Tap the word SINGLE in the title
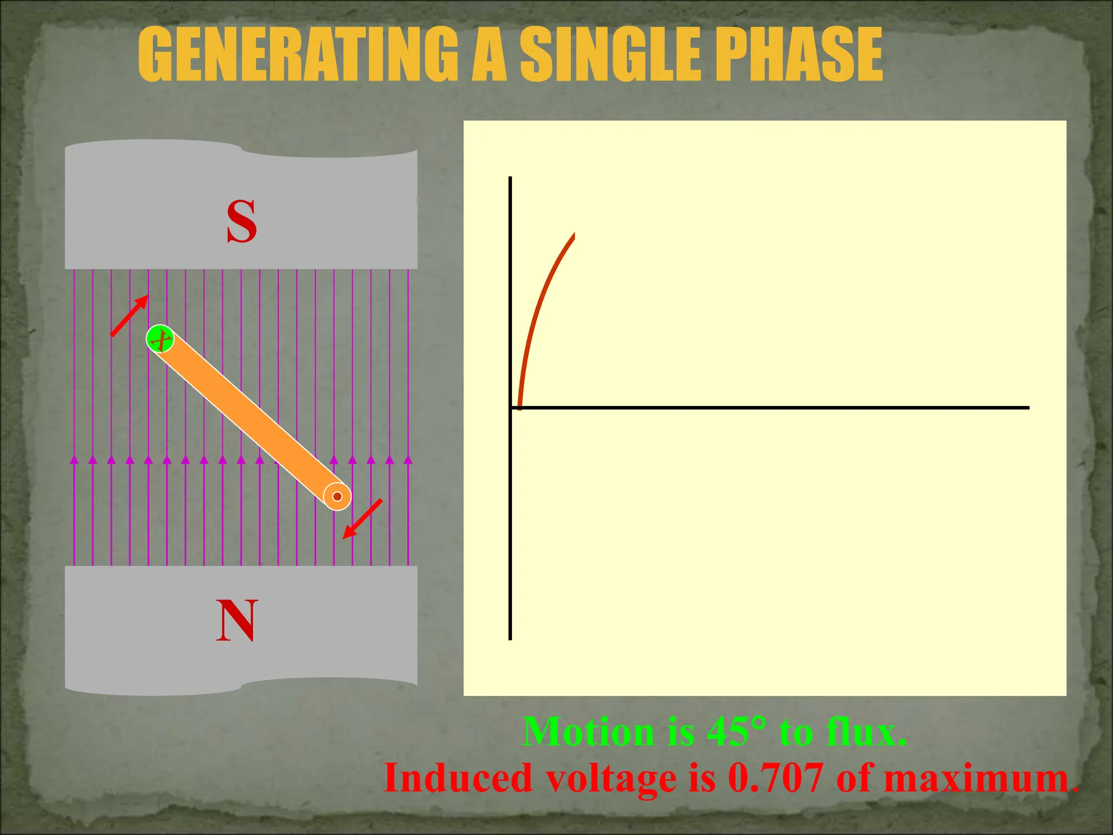[x=611, y=54]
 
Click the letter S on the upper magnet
[x=241, y=221]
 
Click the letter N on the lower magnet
[x=236, y=621]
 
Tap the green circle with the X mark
[x=160, y=339]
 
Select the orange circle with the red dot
[x=337, y=496]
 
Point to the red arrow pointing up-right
[x=129, y=316]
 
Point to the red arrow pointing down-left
[x=362, y=519]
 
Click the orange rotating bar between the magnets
[x=248, y=417]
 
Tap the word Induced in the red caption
[x=458, y=778]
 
